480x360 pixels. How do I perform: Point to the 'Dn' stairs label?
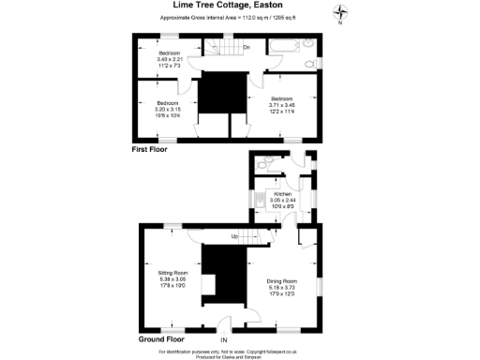[247, 47]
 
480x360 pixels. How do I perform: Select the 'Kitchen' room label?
[281, 194]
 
